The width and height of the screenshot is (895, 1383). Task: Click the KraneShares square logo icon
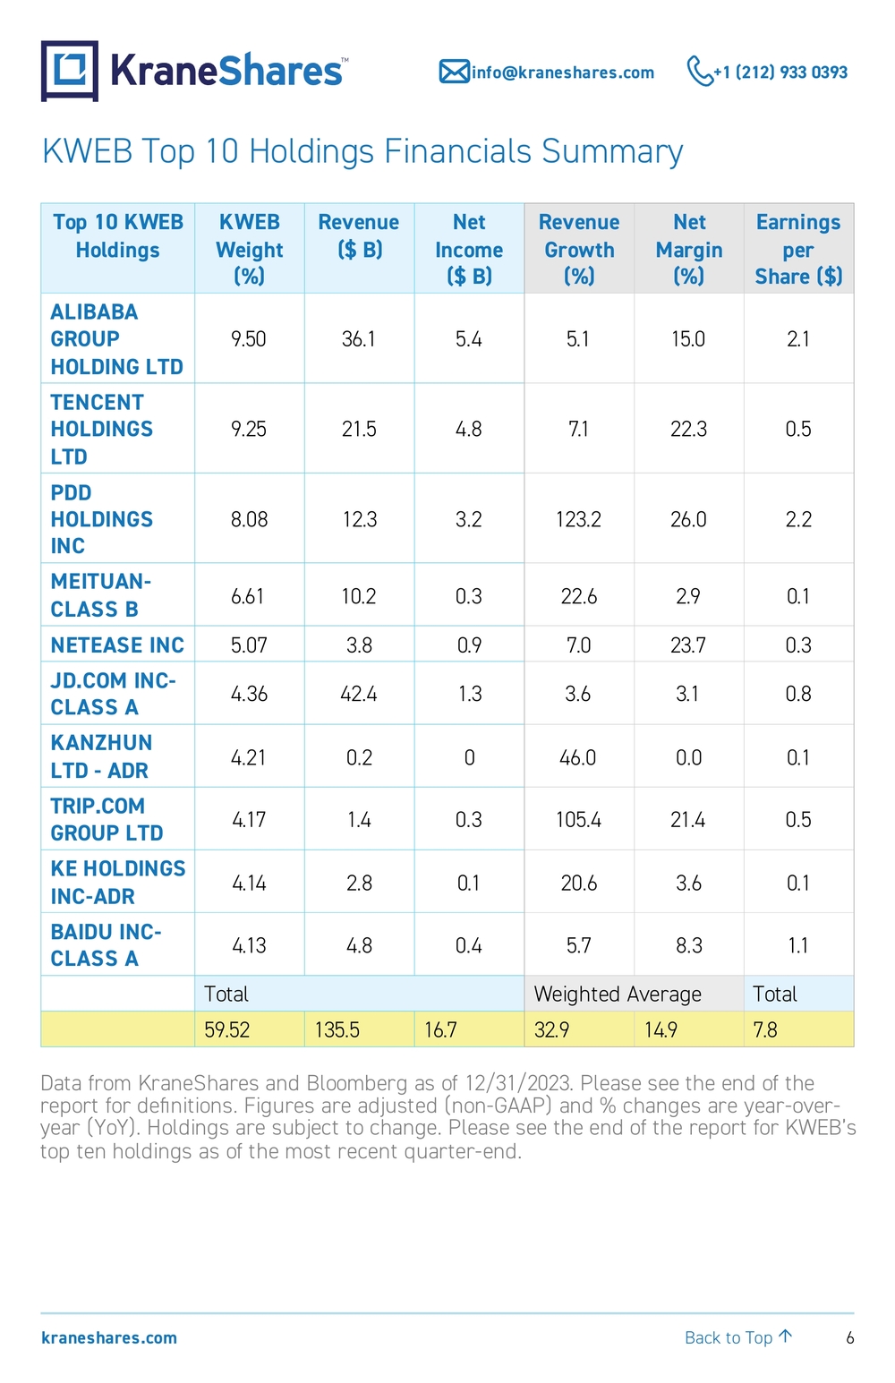tap(69, 71)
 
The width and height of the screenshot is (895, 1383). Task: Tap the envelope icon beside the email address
tap(455, 72)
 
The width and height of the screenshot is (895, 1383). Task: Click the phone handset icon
tap(699, 71)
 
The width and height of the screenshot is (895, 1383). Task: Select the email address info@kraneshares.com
tap(563, 73)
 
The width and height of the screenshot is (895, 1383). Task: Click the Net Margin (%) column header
tap(689, 249)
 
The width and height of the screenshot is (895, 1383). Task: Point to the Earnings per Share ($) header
tap(798, 249)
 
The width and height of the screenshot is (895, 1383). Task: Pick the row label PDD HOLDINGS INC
tap(101, 519)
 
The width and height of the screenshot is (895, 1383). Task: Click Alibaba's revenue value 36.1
tap(359, 339)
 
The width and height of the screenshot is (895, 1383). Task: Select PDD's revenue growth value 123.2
tap(578, 519)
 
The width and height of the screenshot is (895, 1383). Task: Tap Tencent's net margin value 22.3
tap(689, 429)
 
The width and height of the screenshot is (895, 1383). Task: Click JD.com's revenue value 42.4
tap(359, 694)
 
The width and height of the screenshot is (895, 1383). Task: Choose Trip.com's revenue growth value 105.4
tap(578, 820)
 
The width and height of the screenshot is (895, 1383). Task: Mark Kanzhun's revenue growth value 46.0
tap(578, 757)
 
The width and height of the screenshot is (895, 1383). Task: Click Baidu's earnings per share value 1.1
tap(798, 945)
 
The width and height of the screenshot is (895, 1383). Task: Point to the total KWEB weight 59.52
tap(227, 1029)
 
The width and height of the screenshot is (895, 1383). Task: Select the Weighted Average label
tap(618, 994)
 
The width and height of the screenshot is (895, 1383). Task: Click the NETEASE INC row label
tap(117, 645)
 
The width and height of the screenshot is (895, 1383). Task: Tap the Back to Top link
tap(738, 1338)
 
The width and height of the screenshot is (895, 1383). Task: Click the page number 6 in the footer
tap(850, 1338)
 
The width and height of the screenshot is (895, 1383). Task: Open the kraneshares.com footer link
tap(109, 1338)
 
